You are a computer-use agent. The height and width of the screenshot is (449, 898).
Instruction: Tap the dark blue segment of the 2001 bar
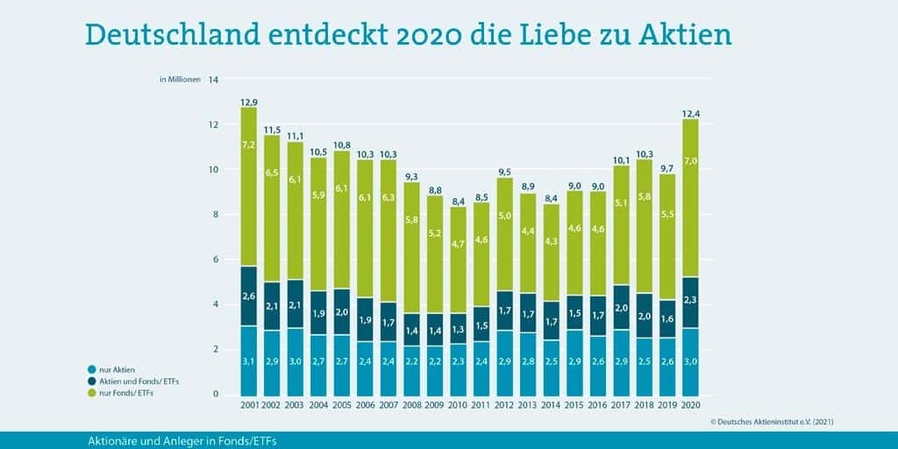pos(249,296)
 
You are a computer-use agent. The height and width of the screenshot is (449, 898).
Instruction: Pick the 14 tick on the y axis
pos(212,79)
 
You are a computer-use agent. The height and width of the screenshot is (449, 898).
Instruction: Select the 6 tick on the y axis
pos(214,260)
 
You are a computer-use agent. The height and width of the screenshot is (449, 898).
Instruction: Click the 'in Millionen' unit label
pos(180,79)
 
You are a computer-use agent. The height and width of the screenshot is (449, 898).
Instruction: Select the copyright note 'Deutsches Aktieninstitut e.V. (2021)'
pos(772,422)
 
